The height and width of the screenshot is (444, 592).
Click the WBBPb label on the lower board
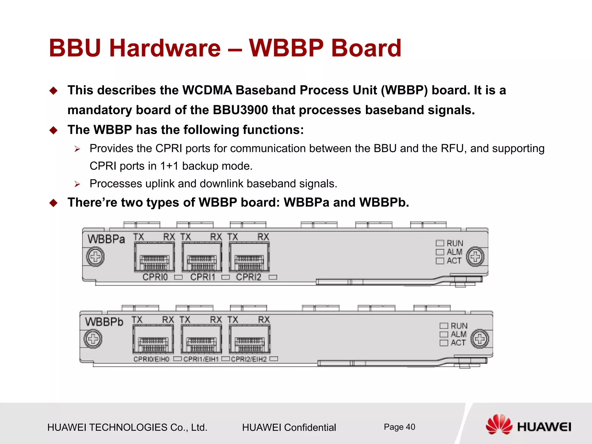tap(104, 322)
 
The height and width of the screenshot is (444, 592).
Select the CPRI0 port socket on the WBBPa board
tap(154, 258)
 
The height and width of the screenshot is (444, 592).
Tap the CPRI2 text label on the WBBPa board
tap(248, 277)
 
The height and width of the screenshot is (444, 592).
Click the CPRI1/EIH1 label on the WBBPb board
tap(201, 359)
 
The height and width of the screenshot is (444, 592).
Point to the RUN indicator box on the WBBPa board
tap(440, 243)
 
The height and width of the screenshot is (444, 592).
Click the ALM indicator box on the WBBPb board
tap(443, 334)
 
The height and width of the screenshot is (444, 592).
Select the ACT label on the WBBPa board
tap(454, 261)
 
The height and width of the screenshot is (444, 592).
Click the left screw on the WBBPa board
tap(95, 257)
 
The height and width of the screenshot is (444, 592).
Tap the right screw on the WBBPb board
tap(480, 339)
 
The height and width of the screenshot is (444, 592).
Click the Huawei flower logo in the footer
tap(499, 425)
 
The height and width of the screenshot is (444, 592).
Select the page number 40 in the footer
tap(410, 427)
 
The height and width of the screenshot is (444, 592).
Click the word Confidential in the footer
tap(310, 428)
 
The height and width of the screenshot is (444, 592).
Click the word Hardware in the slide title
tap(165, 48)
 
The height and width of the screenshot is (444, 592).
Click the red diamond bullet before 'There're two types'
tap(53, 203)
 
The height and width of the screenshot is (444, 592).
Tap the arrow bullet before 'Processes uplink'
tap(77, 184)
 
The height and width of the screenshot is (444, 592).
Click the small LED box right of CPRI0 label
tap(178, 277)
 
